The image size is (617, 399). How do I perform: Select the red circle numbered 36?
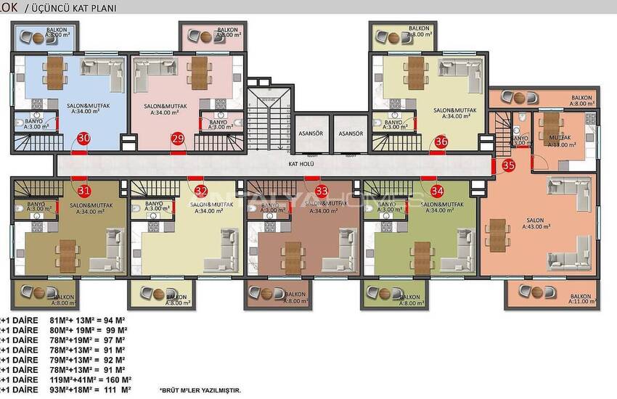(x=441, y=141)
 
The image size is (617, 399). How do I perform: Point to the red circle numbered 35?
(x=508, y=165)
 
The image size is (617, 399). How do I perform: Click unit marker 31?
(x=84, y=191)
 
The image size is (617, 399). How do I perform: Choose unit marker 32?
(x=201, y=192)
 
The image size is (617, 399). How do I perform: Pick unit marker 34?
(x=437, y=192)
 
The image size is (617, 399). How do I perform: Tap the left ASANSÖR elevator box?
(x=311, y=134)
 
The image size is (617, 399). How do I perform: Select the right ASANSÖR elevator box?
(x=351, y=134)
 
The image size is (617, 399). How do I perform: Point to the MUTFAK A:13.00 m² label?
(x=560, y=141)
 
